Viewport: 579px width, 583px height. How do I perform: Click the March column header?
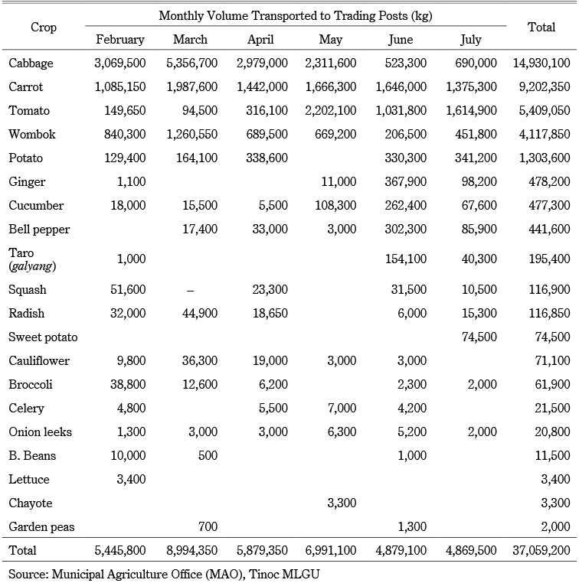pos(190,40)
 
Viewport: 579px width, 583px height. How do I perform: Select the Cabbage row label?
pos(31,64)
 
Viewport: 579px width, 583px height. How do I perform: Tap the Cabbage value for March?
pos(191,64)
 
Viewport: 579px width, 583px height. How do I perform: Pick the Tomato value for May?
pos(330,110)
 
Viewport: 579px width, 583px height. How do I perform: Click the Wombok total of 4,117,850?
pos(545,134)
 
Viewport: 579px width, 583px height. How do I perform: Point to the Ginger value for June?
pos(406,181)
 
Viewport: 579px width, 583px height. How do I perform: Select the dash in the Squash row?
pos(190,291)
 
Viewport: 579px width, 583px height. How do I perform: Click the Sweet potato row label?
pos(43,337)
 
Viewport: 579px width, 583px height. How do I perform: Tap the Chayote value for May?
pos(342,503)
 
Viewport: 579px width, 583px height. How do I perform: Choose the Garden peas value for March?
pos(208,526)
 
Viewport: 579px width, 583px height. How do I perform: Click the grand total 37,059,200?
pos(541,550)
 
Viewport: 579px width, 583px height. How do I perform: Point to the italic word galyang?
pos(32,266)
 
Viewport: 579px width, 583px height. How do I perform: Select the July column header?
pos(471,40)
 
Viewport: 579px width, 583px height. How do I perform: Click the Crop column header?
pos(44,28)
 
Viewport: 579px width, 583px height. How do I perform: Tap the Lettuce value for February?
pos(131,479)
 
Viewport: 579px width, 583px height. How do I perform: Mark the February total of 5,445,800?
pos(120,550)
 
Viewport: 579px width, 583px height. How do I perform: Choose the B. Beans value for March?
pos(208,455)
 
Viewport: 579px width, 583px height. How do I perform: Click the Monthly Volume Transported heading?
pos(296,16)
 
